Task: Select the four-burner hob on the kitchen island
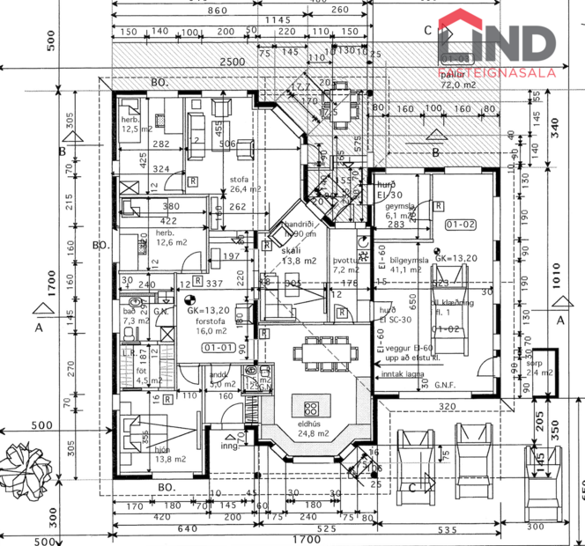pos(313,408)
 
